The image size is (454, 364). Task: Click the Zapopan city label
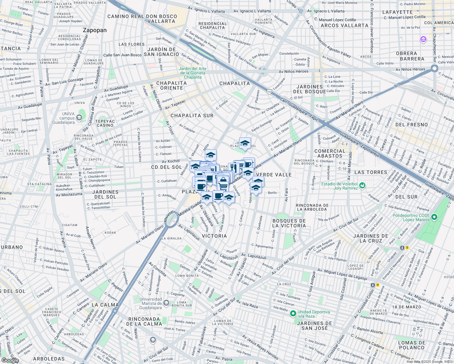95,30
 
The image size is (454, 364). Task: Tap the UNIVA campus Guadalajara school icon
79,117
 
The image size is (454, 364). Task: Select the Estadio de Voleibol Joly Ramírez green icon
362,186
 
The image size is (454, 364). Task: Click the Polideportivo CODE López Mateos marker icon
434,217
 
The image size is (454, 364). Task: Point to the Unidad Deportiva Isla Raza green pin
293,314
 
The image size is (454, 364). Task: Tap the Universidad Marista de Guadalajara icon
166,303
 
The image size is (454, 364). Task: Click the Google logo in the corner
10,360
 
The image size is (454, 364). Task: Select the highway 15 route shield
269,91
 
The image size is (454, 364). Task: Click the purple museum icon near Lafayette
423,39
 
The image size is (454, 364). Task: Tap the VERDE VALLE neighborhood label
274,175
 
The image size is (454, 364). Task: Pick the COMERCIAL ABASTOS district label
330,153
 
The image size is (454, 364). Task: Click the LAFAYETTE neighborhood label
397,12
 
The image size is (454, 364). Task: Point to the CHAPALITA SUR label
192,116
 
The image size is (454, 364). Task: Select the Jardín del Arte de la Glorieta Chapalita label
192,73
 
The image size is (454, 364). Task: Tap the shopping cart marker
223,185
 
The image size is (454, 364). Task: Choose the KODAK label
110,233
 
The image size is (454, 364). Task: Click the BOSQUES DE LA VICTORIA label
289,223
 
